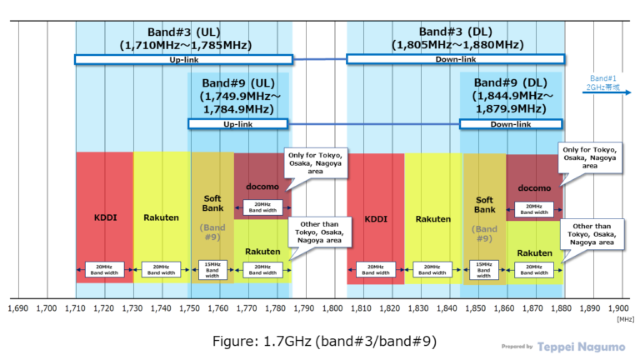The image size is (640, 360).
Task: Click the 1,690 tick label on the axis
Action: coord(18,308)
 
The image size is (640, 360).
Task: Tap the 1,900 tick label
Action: coord(618,308)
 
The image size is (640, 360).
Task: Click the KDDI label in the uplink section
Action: coord(104,217)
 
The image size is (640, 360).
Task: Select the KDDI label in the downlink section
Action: coord(375,219)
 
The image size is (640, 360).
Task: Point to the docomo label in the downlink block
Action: coord(534,188)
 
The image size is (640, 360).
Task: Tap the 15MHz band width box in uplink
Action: coord(212,269)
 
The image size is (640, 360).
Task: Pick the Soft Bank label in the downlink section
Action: coord(484,204)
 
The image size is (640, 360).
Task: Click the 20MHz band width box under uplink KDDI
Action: coord(104,269)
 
